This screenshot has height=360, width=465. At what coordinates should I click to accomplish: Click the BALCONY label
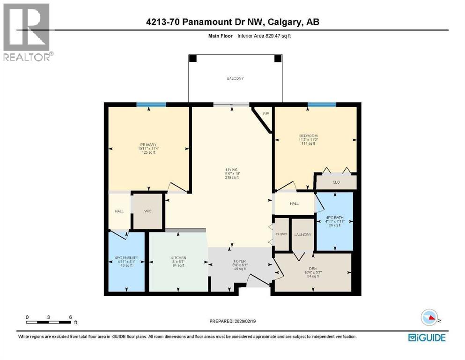point(236,79)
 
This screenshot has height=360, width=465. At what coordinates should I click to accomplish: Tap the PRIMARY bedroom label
point(148,144)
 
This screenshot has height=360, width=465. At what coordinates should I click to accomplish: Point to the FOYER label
point(239,261)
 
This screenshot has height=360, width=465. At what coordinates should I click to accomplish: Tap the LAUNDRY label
point(303,235)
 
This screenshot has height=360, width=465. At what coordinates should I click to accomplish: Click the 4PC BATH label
point(334,218)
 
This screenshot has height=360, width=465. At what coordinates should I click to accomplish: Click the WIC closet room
point(147,211)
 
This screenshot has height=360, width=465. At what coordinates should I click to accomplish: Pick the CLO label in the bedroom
point(335,182)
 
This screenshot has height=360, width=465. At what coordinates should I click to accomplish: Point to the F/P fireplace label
point(266,113)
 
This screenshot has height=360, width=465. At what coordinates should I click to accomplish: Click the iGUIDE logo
point(426,337)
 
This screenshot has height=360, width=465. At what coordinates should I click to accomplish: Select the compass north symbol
point(429,317)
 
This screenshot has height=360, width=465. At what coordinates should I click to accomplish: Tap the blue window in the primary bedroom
point(151,105)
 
